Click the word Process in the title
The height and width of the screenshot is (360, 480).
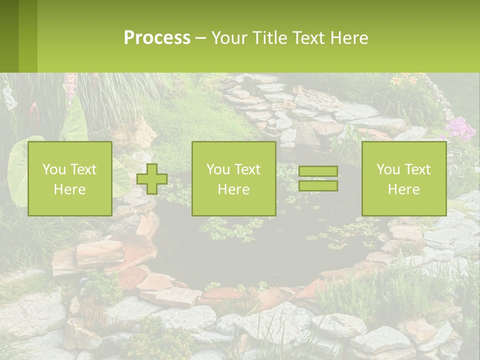tap(157, 38)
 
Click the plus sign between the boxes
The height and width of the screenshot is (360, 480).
tap(152, 179)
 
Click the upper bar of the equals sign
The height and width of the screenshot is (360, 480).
tap(318, 171)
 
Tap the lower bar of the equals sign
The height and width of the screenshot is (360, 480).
tap(318, 185)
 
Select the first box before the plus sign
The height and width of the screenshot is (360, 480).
tap(69, 179)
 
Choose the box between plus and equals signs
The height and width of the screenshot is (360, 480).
tap(233, 179)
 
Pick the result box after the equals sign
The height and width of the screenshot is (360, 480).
tap(403, 179)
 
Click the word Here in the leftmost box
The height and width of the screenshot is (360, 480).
tap(69, 189)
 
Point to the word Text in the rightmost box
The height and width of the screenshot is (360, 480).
tap(417, 169)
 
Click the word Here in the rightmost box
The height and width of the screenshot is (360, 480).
tap(403, 189)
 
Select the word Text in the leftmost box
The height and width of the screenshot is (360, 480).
tap(83, 169)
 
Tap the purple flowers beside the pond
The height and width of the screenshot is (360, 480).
tap(460, 129)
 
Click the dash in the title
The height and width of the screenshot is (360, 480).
tap(201, 38)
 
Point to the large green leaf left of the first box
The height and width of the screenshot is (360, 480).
tap(17, 170)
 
